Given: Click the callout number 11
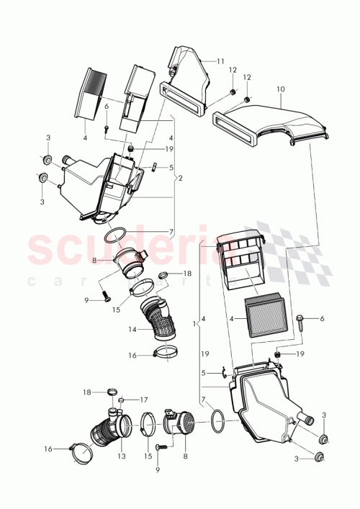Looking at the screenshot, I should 220,62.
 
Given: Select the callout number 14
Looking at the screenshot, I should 132,330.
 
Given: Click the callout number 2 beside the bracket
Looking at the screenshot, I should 181,177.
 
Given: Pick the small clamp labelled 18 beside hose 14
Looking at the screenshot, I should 163,274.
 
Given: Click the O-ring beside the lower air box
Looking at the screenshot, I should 215,421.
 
